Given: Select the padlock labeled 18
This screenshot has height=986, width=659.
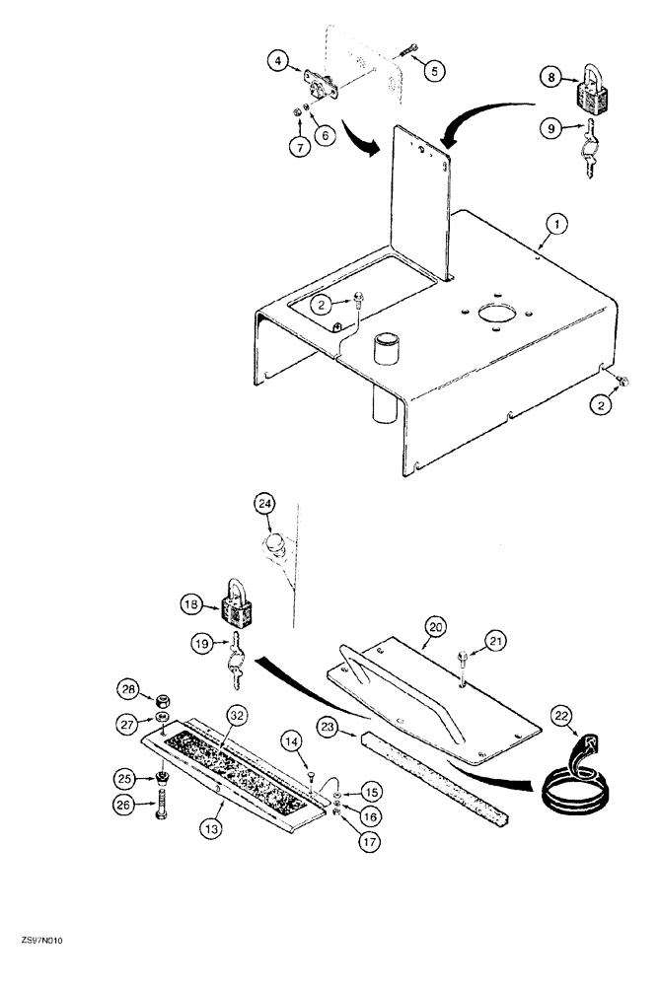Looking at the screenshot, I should tap(237, 607).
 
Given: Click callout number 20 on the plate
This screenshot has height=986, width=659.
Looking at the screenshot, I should tap(436, 624).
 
